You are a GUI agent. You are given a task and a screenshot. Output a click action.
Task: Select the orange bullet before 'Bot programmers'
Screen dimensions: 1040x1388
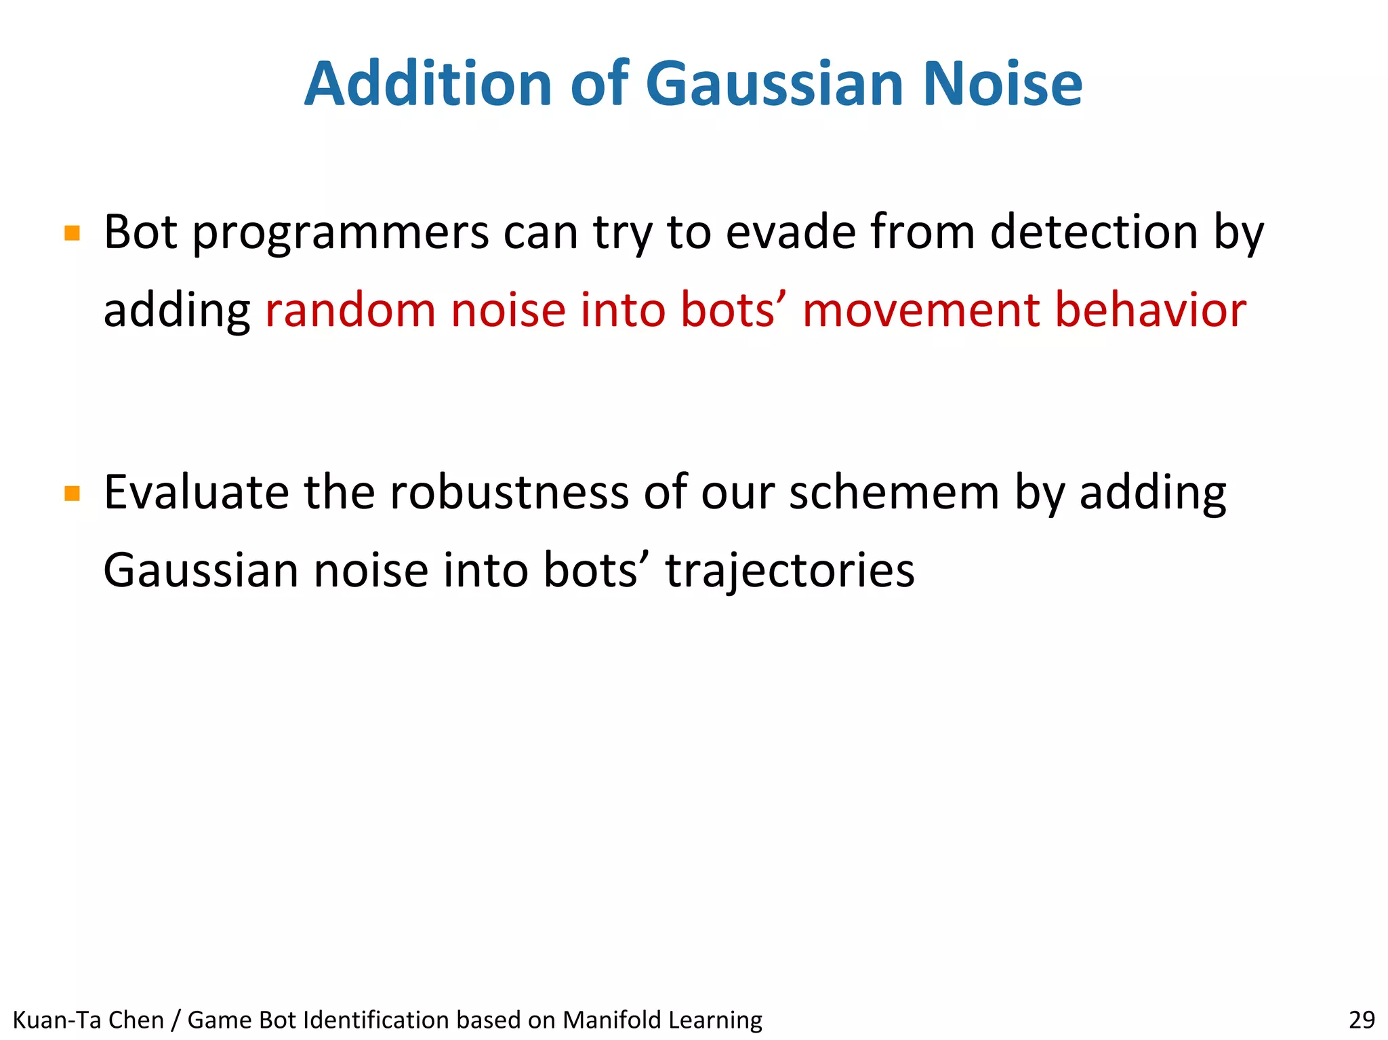(x=73, y=234)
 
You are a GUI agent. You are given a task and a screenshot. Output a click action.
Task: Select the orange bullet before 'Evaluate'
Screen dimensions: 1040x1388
(x=73, y=494)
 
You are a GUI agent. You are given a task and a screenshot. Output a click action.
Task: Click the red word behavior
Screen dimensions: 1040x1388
(x=1150, y=310)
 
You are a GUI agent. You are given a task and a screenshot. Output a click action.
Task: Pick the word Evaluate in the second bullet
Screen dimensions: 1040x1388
(x=196, y=492)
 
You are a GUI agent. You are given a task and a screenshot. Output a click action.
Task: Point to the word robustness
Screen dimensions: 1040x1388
(x=509, y=492)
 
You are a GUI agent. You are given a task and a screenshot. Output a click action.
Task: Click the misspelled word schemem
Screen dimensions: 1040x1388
(x=894, y=492)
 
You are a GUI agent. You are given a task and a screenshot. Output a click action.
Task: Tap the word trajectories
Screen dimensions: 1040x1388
(x=790, y=571)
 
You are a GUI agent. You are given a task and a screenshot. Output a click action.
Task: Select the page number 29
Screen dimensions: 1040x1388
(x=1362, y=1020)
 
